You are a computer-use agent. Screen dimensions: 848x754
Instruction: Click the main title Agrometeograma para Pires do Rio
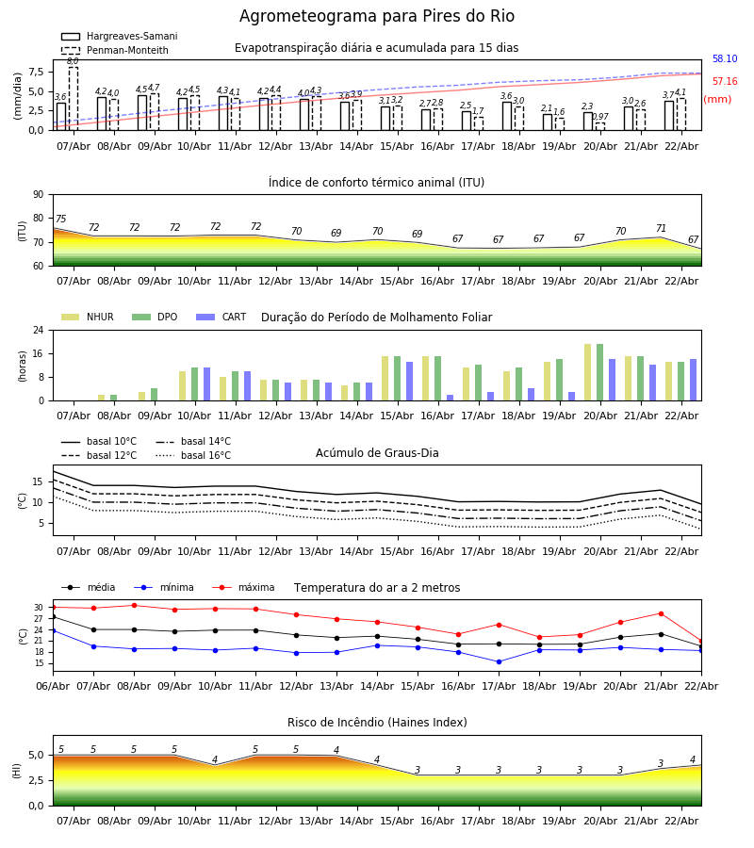377,17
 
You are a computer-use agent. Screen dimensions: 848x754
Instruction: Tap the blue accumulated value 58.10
725,59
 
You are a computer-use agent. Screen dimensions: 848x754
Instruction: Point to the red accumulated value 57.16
725,82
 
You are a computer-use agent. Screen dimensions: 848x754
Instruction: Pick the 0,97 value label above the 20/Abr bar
600,117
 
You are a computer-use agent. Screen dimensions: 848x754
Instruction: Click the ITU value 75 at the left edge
60,220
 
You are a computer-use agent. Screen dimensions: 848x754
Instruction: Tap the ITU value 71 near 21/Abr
661,229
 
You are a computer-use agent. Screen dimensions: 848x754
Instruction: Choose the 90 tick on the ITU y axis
38,195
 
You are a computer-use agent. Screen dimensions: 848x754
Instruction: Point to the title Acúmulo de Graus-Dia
377,453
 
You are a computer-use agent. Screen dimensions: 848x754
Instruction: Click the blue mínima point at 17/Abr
499,661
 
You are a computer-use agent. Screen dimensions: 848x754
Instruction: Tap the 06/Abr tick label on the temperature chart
53,685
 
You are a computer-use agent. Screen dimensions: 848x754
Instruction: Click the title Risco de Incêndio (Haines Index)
377,723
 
